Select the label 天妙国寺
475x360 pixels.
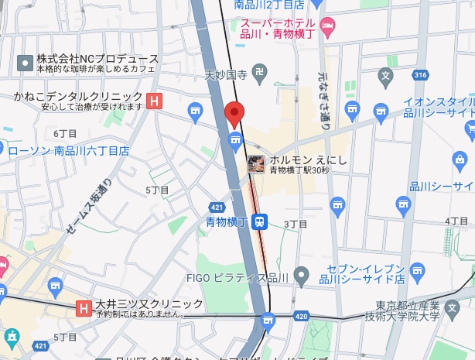[x=225, y=76]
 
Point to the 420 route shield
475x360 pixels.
[x=300, y=317]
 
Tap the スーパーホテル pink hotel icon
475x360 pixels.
[x=327, y=28]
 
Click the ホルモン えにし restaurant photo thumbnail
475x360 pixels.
[x=257, y=164]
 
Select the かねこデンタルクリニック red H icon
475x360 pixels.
[x=155, y=100]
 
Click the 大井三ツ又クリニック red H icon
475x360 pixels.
[x=83, y=309]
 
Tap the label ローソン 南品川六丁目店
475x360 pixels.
[x=68, y=149]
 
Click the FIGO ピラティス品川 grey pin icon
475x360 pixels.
[x=302, y=275]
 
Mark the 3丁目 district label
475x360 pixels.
[x=296, y=223]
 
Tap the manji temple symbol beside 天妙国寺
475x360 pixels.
[x=260, y=74]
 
